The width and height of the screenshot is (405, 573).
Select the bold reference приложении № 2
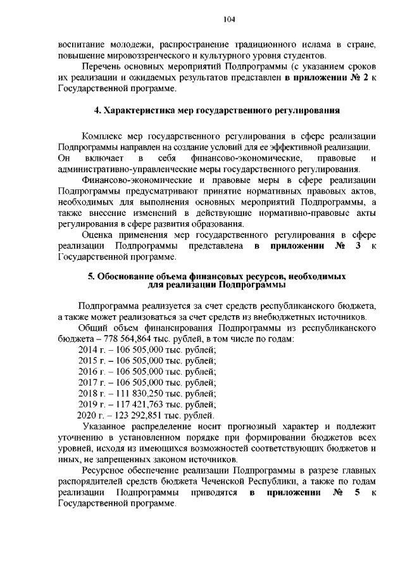click(x=323, y=78)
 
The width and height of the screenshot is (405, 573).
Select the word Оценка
click(x=97, y=235)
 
